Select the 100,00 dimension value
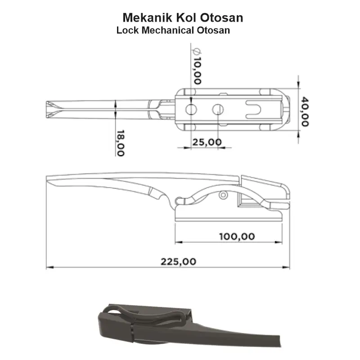tap(237, 236)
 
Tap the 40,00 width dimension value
tap(305, 112)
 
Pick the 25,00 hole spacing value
tap(207, 142)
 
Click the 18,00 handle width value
tap(120, 143)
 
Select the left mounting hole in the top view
tap(191, 109)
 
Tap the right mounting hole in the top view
tap(218, 109)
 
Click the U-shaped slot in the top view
tap(254, 109)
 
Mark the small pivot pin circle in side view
tap(223, 195)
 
